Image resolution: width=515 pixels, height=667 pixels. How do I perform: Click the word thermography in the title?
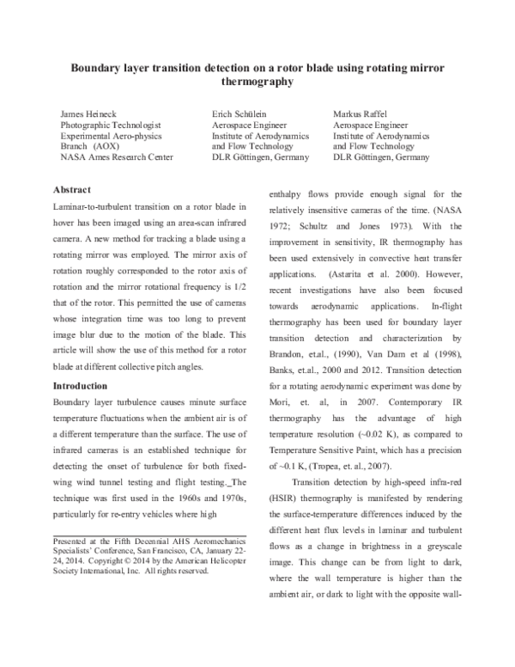(x=257, y=83)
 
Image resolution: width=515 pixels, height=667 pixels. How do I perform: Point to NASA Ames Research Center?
(x=106, y=157)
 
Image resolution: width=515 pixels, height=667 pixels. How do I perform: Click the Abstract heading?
(x=73, y=189)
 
